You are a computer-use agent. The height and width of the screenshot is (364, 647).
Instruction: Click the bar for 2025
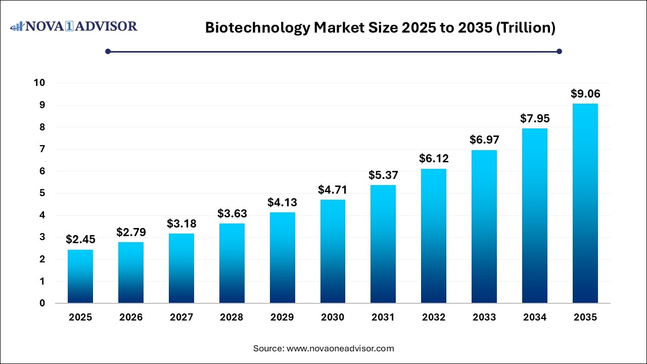[x=80, y=277]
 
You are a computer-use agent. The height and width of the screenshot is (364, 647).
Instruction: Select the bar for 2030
[x=333, y=251]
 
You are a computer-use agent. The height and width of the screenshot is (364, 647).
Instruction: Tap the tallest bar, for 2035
[x=585, y=203]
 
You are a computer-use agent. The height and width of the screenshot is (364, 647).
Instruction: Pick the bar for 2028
[x=232, y=263]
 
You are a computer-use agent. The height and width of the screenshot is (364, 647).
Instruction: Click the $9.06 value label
[x=585, y=94]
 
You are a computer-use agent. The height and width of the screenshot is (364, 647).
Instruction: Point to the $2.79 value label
[x=131, y=232]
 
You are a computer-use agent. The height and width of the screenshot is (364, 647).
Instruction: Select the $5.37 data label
[x=383, y=175]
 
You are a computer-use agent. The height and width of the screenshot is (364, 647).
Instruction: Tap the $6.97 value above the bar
[x=484, y=140]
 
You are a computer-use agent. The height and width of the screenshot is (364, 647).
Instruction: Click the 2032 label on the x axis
[x=434, y=317]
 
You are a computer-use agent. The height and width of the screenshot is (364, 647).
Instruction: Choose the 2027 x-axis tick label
[x=181, y=317]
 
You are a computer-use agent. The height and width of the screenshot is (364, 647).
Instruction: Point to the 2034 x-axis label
[x=535, y=317]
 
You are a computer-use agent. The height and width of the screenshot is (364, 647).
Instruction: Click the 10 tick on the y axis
[x=39, y=83]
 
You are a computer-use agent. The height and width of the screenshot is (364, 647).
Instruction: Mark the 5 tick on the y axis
[x=42, y=193]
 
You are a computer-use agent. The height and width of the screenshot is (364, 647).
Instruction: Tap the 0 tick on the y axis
[x=42, y=303]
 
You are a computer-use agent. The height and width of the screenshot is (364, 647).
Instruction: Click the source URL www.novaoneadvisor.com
[x=340, y=348]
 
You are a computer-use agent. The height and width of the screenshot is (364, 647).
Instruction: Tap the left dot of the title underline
[x=108, y=51]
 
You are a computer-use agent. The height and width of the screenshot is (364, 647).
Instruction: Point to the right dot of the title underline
[x=559, y=51]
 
